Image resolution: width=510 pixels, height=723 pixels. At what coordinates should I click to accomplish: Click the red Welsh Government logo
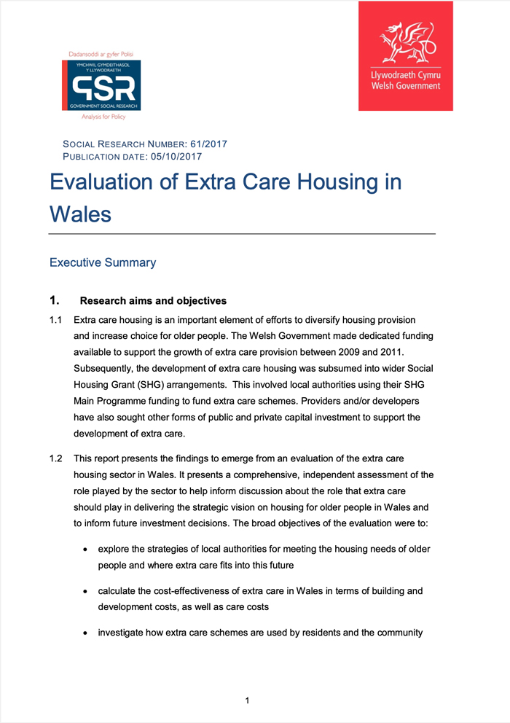(x=405, y=56)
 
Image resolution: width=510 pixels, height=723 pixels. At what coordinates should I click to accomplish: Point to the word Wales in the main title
(x=80, y=214)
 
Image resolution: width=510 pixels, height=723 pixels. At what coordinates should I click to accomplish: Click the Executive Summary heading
(x=102, y=262)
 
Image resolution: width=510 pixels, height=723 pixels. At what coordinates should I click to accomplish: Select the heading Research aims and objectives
(x=153, y=301)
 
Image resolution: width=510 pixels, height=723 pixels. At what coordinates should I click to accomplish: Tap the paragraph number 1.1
(x=56, y=320)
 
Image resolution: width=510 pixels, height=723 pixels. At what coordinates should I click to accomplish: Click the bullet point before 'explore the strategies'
(x=87, y=549)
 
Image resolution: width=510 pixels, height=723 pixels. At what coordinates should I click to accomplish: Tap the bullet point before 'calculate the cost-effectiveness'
(x=87, y=591)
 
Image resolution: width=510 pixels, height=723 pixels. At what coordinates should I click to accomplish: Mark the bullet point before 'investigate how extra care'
(x=87, y=633)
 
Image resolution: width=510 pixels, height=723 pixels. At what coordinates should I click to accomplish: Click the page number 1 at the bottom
(x=247, y=700)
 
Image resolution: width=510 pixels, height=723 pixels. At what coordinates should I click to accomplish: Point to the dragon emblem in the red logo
(x=405, y=43)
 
